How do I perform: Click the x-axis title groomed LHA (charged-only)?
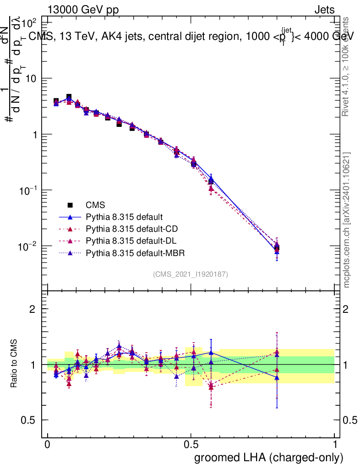269,458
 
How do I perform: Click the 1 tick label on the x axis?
335,445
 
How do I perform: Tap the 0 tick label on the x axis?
47,445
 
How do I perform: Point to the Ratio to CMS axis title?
15,365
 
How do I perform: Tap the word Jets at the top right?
324,10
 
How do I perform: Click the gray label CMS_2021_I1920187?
191,274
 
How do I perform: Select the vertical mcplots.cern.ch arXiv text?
347,220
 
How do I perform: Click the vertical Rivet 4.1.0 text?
347,67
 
